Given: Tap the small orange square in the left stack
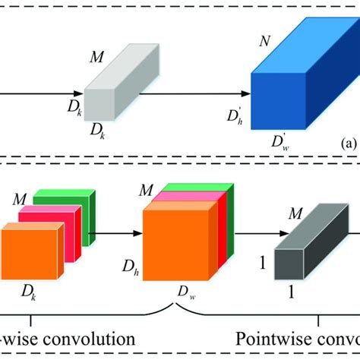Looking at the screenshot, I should [28, 254].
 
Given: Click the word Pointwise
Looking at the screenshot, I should [273, 336].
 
